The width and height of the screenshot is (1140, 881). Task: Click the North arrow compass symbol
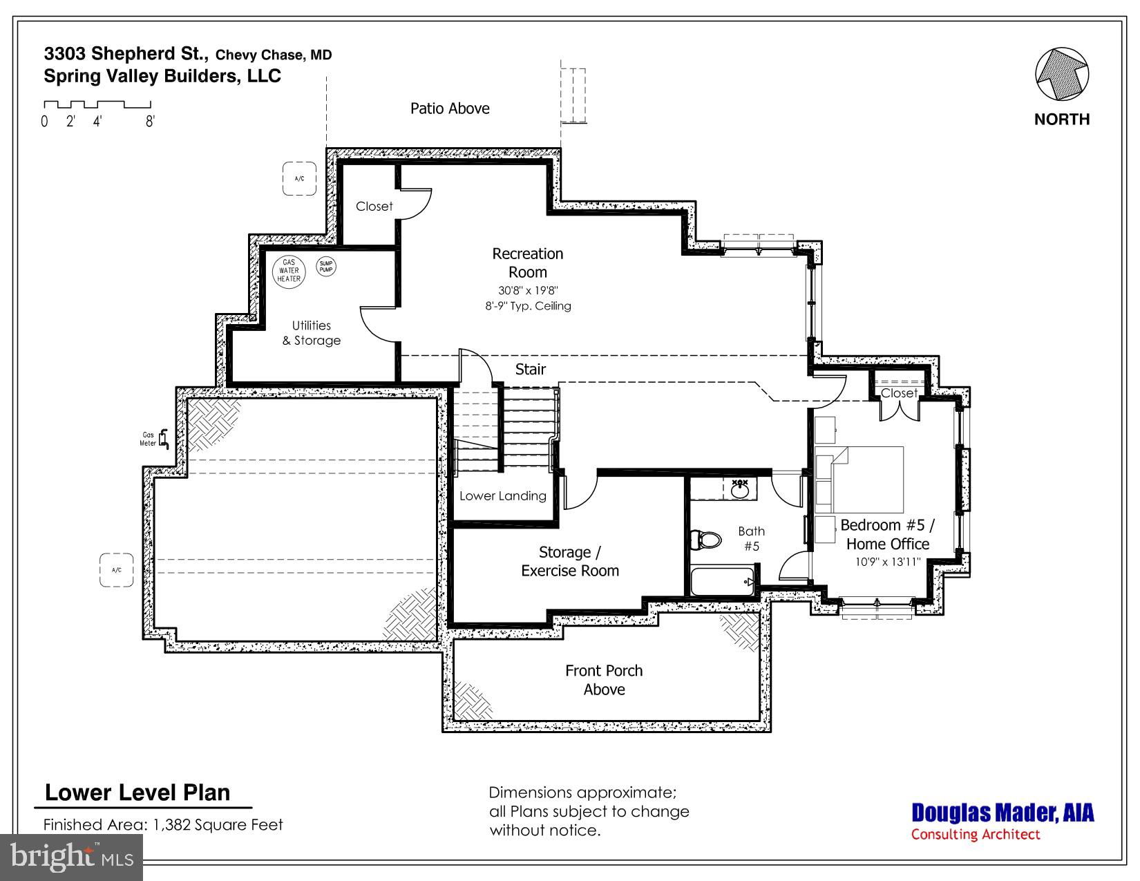coord(1062,75)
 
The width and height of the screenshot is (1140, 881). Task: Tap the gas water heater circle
coord(289,270)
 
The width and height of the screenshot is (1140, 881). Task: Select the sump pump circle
coord(325,266)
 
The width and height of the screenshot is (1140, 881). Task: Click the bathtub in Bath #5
coord(722,582)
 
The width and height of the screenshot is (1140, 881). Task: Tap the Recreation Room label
coord(527,263)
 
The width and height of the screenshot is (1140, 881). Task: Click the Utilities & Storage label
coord(312,333)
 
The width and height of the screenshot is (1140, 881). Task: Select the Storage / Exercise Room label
coord(570,562)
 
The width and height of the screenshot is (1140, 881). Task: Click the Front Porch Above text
coord(604,680)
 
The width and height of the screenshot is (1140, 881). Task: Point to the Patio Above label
coord(450,108)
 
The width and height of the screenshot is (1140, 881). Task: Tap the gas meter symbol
coord(164,439)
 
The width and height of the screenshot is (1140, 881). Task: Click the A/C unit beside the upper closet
coord(299,179)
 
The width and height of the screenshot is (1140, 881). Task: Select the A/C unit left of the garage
coord(116,570)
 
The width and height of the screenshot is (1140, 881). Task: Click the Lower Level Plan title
coord(137,793)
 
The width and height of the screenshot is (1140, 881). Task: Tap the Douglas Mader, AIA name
coord(1003,813)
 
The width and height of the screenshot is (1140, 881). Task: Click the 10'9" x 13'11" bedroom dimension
coord(888,562)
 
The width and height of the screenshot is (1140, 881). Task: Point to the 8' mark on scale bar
coord(150,122)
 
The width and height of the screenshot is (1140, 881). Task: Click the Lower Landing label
coord(502,496)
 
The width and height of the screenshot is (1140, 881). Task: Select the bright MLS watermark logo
coord(71,858)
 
